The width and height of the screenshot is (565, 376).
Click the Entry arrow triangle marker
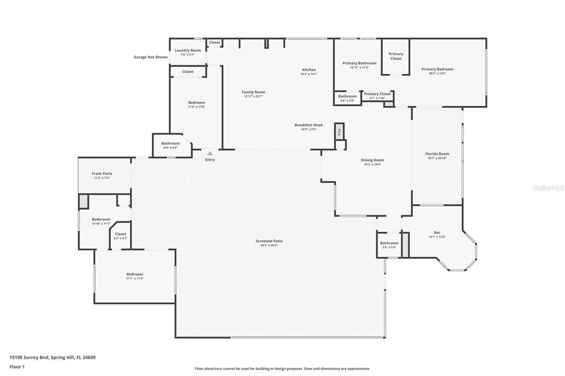tap(210, 153)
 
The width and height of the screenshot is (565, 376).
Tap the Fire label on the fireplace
tap(339, 131)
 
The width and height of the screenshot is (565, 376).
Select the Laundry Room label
tap(188, 50)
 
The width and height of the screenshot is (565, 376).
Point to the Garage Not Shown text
tap(151, 57)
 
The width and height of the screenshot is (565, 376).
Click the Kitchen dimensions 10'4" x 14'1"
tap(309, 74)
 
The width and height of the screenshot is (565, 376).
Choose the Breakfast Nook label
tap(309, 125)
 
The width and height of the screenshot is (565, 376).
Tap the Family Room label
tap(253, 92)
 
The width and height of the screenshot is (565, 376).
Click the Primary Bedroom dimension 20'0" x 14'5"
tap(437, 73)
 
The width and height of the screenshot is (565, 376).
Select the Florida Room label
tap(437, 154)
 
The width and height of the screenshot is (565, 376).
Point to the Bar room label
tap(437, 233)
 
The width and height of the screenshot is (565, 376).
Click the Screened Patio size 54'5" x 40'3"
tap(269, 245)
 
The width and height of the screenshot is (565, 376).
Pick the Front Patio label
tap(102, 173)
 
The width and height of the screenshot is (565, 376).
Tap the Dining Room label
tap(373, 160)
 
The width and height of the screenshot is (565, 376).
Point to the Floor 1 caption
tap(17, 367)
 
